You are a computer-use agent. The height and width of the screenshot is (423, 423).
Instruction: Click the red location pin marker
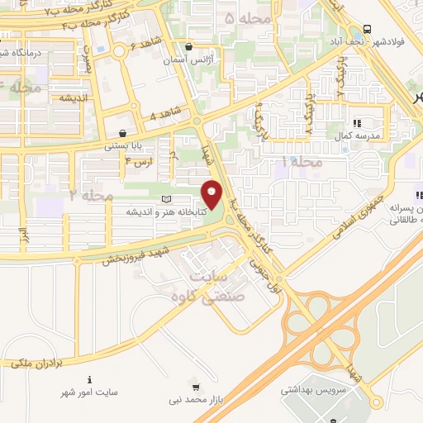click(212, 194)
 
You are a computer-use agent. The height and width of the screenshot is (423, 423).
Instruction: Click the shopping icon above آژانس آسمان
click(191, 47)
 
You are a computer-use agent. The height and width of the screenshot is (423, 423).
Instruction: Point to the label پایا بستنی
click(123, 145)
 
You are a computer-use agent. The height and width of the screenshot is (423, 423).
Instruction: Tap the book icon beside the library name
click(168, 200)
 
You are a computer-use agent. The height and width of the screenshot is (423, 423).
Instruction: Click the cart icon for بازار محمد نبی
click(195, 387)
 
